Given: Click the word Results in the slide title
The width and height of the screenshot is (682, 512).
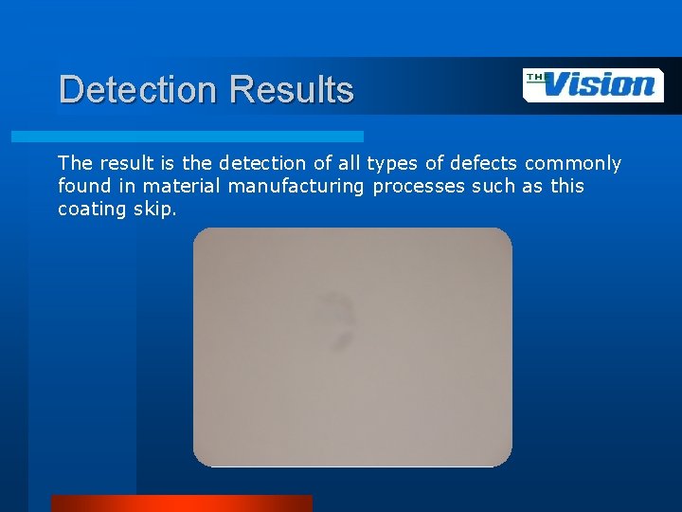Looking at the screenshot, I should tap(292, 90).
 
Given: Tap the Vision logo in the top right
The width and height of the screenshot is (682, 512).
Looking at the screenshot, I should tap(594, 85).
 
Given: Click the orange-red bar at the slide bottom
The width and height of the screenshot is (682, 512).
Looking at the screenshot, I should tap(181, 503).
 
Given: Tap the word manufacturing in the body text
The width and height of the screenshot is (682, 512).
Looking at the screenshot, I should tap(296, 186).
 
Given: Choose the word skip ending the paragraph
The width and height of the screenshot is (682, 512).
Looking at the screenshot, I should tap(157, 210).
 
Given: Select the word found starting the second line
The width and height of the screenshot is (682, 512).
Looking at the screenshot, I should tap(83, 186).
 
